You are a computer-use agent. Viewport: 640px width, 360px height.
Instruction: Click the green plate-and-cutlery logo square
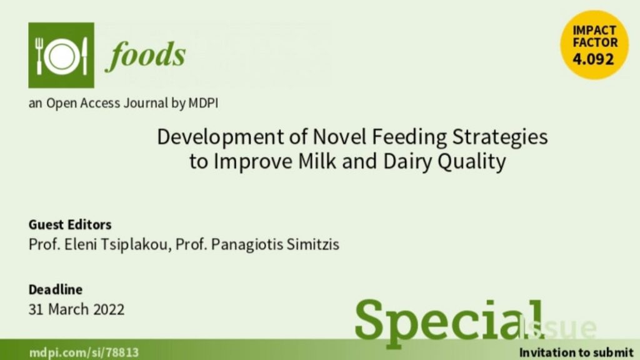tap(61, 55)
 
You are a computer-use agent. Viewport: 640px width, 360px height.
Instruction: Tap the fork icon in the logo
tap(39, 56)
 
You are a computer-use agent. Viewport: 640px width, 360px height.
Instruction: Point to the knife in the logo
tap(84, 56)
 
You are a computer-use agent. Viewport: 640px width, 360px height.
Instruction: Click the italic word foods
tap(146, 55)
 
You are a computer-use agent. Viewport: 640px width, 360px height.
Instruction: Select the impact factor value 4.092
tap(593, 59)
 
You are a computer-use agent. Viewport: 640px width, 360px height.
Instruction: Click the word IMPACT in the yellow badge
tap(594, 31)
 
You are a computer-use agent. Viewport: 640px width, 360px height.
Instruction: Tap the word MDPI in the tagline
tap(203, 103)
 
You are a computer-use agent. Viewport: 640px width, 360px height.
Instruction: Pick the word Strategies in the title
tap(500, 137)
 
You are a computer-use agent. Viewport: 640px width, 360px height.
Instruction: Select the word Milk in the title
tap(317, 161)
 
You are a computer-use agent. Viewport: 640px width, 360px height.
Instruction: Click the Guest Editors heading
tap(70, 224)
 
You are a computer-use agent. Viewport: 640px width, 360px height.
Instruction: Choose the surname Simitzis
tap(312, 244)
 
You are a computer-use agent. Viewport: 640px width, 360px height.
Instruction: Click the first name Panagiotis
tap(247, 245)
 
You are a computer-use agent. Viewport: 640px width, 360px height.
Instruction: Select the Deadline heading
tap(56, 289)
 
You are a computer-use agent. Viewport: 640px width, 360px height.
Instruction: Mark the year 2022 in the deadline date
tap(109, 309)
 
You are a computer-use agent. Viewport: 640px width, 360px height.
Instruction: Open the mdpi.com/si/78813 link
tap(84, 352)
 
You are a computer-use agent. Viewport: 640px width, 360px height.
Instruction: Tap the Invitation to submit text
tap(576, 352)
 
